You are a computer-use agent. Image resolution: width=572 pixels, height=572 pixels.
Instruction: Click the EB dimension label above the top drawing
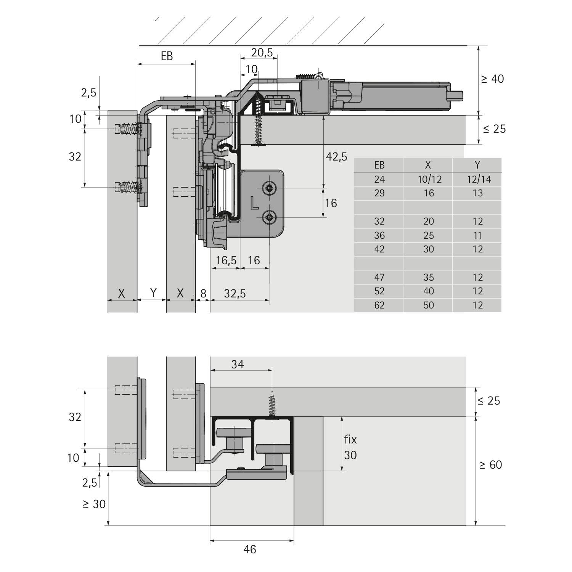tap(167, 56)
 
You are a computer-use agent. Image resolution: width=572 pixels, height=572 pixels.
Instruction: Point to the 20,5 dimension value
tap(262, 53)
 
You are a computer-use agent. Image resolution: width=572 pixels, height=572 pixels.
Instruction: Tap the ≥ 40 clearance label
tap(492, 79)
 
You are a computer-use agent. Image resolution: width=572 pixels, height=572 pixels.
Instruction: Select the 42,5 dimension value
tap(336, 156)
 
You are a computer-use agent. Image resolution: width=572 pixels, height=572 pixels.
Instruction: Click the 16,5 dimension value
tap(226, 260)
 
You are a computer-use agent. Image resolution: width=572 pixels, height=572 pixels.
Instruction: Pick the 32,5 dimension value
tap(235, 294)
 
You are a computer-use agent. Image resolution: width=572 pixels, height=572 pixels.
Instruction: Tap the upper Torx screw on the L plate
tap(269, 188)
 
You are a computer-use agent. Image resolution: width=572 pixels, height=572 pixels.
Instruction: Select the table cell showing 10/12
tap(429, 179)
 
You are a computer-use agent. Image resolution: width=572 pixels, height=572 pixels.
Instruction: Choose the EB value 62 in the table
tap(379, 305)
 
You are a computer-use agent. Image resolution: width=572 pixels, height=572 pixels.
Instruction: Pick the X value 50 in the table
tap(429, 305)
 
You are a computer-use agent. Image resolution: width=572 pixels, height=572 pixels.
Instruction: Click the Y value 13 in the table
tap(478, 193)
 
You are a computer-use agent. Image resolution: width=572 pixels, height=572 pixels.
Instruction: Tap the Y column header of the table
tap(477, 165)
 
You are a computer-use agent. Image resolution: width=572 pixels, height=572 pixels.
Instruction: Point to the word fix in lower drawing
tap(350, 440)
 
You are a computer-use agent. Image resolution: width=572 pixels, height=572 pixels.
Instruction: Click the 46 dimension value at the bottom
tap(250, 549)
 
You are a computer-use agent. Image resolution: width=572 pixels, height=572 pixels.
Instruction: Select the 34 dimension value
tap(237, 365)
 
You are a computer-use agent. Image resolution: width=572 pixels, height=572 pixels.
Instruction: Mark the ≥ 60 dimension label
tap(490, 465)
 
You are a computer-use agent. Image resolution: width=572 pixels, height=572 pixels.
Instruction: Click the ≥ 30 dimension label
tap(94, 504)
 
